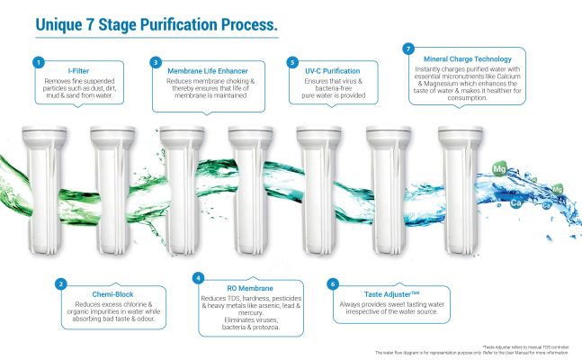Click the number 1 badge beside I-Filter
(x=38, y=62)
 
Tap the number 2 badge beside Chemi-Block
(x=59, y=284)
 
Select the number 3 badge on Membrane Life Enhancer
(x=156, y=62)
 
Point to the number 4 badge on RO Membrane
(x=200, y=276)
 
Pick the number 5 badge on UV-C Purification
(x=293, y=62)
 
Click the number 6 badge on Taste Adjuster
(x=333, y=283)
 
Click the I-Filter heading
(x=79, y=69)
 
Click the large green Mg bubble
(x=501, y=167)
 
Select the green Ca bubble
(x=517, y=203)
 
